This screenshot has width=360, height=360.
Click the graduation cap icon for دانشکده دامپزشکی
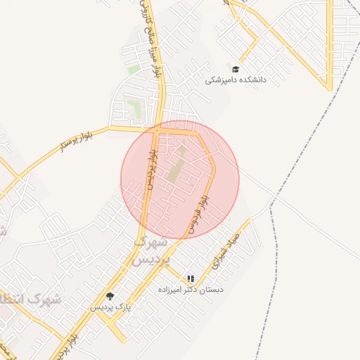coord(236,70)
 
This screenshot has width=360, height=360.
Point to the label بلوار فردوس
coord(197,213)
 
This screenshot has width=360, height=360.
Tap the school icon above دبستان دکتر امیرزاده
coord(191,278)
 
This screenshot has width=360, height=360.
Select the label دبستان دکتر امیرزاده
coord(213,289)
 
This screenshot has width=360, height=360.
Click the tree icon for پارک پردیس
coord(109,296)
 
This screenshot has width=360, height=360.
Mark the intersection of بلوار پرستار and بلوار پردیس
coord(155,129)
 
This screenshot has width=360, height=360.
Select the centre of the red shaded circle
coord(180,179)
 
